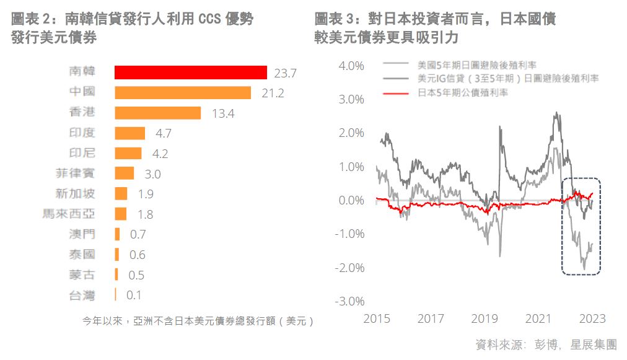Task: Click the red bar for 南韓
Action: (x=191, y=72)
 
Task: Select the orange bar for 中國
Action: (x=183, y=93)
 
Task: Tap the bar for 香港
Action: (x=157, y=113)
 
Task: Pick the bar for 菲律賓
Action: (x=124, y=173)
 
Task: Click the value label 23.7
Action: (x=285, y=73)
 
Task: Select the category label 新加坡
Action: (x=75, y=194)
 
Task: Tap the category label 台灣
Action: (x=82, y=295)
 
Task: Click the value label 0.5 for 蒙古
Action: (x=136, y=275)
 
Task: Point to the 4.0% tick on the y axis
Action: (x=350, y=66)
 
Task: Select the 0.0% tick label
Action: (x=350, y=201)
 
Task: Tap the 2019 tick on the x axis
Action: (x=484, y=319)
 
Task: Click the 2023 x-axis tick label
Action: (x=592, y=319)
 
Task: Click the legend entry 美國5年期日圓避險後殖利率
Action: (x=476, y=64)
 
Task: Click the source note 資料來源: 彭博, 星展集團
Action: (x=546, y=345)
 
